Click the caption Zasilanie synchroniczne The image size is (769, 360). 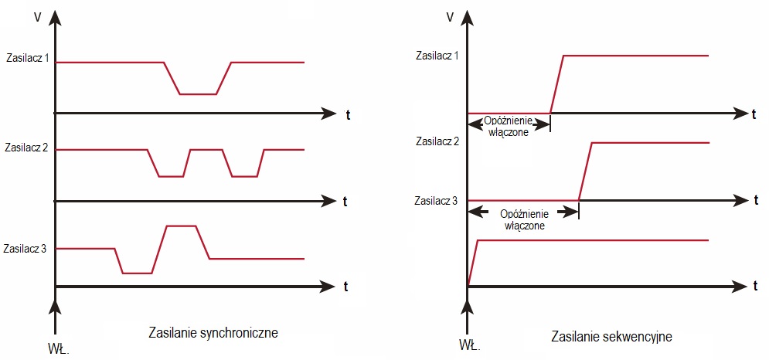pyautogui.click(x=213, y=333)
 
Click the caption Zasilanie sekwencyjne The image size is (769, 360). pyautogui.click(x=611, y=338)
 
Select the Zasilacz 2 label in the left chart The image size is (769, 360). pyautogui.click(x=27, y=147)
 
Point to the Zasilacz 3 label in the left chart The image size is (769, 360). pyautogui.click(x=26, y=249)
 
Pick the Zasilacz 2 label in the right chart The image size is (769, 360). pyautogui.click(x=437, y=141)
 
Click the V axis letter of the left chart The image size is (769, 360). pyautogui.click(x=37, y=16)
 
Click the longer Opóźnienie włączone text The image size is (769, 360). pyautogui.click(x=525, y=219)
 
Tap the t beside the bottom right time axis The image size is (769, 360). pyautogui.click(x=754, y=287)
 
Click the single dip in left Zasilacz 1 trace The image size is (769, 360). pyautogui.click(x=197, y=93)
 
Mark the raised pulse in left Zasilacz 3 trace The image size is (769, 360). pyautogui.click(x=182, y=226)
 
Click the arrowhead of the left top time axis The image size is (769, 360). pyautogui.click(x=329, y=114)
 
